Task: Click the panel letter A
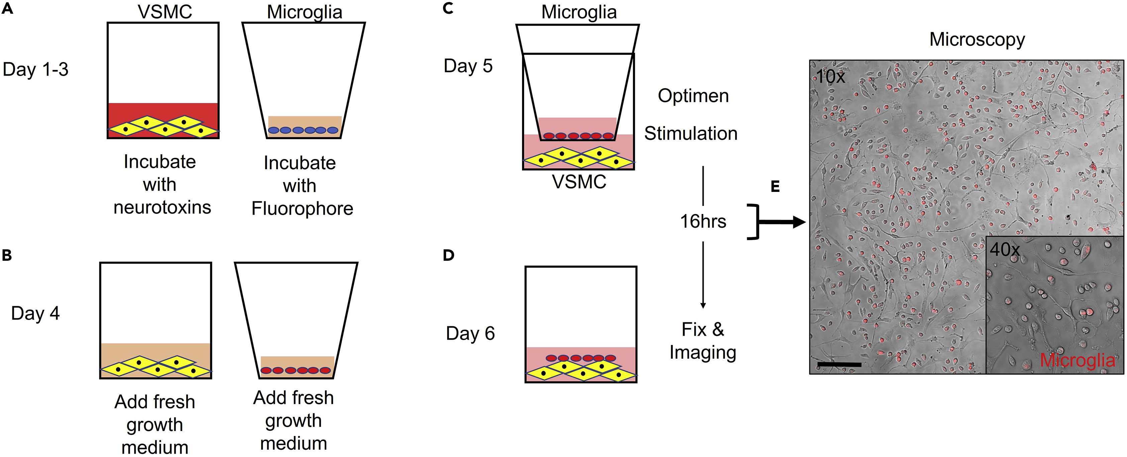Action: (7, 8)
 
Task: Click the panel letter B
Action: (7, 255)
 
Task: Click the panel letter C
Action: (448, 8)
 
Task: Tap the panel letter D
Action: (449, 255)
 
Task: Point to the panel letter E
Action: (775, 187)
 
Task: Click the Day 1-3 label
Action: (35, 70)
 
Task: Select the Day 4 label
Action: (35, 313)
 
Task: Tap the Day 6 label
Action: (470, 334)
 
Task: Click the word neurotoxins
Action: (162, 207)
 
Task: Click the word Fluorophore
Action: (302, 209)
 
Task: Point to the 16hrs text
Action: (703, 221)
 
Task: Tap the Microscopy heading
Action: (977, 39)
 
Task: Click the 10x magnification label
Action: (830, 77)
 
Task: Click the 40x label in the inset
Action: (1005, 250)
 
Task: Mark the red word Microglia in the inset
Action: (1077, 360)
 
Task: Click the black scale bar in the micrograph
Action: (839, 364)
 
